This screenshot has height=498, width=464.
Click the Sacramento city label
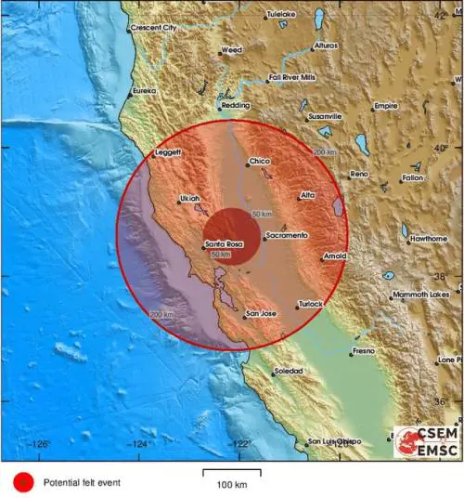click(286, 236)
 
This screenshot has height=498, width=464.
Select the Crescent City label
click(153, 28)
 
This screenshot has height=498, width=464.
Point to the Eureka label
click(144, 90)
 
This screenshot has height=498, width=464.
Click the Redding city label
click(236, 106)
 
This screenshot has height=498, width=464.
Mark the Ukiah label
click(189, 199)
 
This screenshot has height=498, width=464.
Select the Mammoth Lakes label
click(420, 295)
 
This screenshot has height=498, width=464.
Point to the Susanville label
click(325, 116)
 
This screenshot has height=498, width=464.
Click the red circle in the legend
click(22, 482)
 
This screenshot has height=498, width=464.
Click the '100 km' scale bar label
click(232, 485)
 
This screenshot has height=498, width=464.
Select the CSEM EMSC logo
click(426, 443)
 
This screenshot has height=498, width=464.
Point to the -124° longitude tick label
click(141, 444)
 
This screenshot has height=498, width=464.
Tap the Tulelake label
click(281, 15)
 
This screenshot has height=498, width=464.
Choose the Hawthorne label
click(429, 238)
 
